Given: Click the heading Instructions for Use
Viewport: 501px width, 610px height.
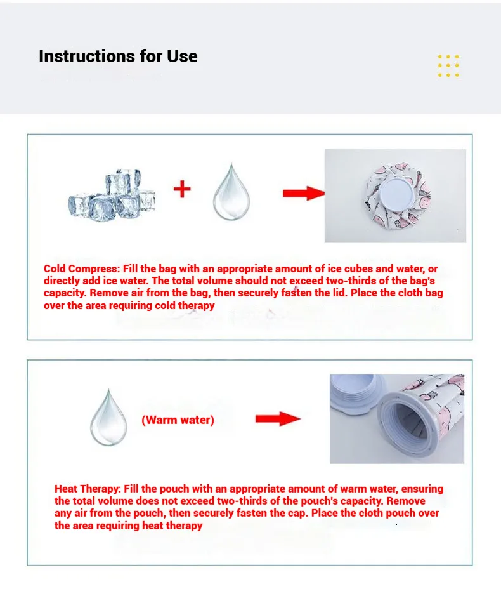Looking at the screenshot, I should pyautogui.click(x=118, y=56).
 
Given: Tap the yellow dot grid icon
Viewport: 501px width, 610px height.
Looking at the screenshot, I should pyautogui.click(x=448, y=66).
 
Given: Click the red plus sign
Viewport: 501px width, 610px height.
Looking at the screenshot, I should pyautogui.click(x=182, y=189).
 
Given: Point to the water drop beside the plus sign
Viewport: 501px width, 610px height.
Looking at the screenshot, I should pyautogui.click(x=231, y=192).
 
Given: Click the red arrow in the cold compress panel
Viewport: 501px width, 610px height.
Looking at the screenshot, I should pyautogui.click(x=303, y=193).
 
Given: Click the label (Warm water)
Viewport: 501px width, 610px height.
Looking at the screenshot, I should pyautogui.click(x=178, y=420).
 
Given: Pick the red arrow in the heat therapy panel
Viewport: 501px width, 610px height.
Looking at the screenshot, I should pyautogui.click(x=277, y=418).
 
